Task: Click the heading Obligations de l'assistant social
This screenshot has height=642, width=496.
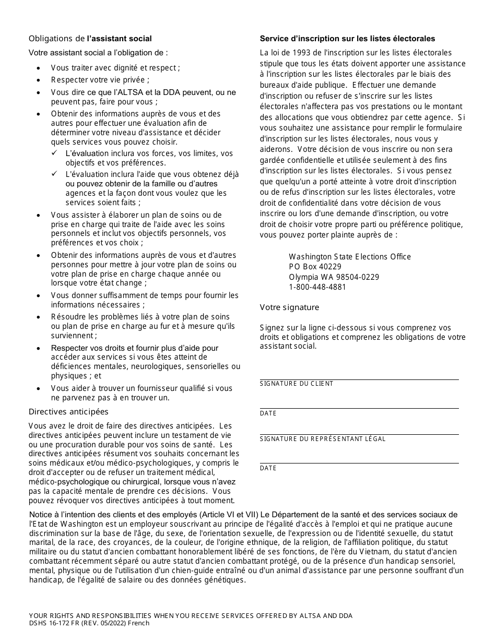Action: click(x=90, y=39)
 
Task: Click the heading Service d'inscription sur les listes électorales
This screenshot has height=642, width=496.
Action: click(x=347, y=39)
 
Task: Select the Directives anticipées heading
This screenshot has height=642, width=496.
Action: click(x=68, y=412)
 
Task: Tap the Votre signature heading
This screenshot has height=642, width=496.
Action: click(x=289, y=307)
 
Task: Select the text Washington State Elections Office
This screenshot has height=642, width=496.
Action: click(x=350, y=257)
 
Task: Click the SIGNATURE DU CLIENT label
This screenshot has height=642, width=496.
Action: click(x=297, y=384)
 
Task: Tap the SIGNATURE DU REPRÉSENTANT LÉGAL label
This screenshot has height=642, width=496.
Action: click(x=323, y=439)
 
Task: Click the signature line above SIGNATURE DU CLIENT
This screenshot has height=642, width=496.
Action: click(x=359, y=379)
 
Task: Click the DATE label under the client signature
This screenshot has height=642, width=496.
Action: click(x=268, y=413)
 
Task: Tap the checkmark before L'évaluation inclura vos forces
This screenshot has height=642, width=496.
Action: click(x=55, y=153)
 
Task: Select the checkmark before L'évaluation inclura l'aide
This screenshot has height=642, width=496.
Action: click(x=55, y=174)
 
